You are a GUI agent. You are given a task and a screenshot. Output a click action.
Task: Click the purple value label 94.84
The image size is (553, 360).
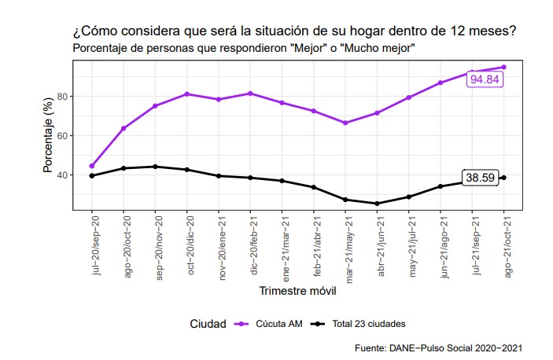click(484, 79)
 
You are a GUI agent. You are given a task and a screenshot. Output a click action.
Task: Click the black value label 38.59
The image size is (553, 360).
click(480, 178)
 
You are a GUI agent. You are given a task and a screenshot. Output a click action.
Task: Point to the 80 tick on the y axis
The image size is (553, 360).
click(63, 97)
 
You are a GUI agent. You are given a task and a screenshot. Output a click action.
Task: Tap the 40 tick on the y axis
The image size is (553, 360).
click(63, 174)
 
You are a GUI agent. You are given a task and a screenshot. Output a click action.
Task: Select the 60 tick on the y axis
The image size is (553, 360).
click(63, 136)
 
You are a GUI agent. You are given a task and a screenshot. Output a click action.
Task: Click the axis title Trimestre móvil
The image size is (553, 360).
click(297, 292)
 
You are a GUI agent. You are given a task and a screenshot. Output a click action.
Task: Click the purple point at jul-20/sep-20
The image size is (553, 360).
click(92, 166)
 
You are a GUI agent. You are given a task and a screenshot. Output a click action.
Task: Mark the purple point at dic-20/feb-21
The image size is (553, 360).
click(251, 94)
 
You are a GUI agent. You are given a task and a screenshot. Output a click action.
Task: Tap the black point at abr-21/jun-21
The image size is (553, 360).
click(377, 204)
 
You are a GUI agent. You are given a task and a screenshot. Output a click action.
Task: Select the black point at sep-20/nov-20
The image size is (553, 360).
click(155, 167)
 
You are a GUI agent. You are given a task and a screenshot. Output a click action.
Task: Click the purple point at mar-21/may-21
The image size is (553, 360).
click(345, 123)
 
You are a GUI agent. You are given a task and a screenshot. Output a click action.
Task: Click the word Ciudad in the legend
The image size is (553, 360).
click(208, 323)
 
